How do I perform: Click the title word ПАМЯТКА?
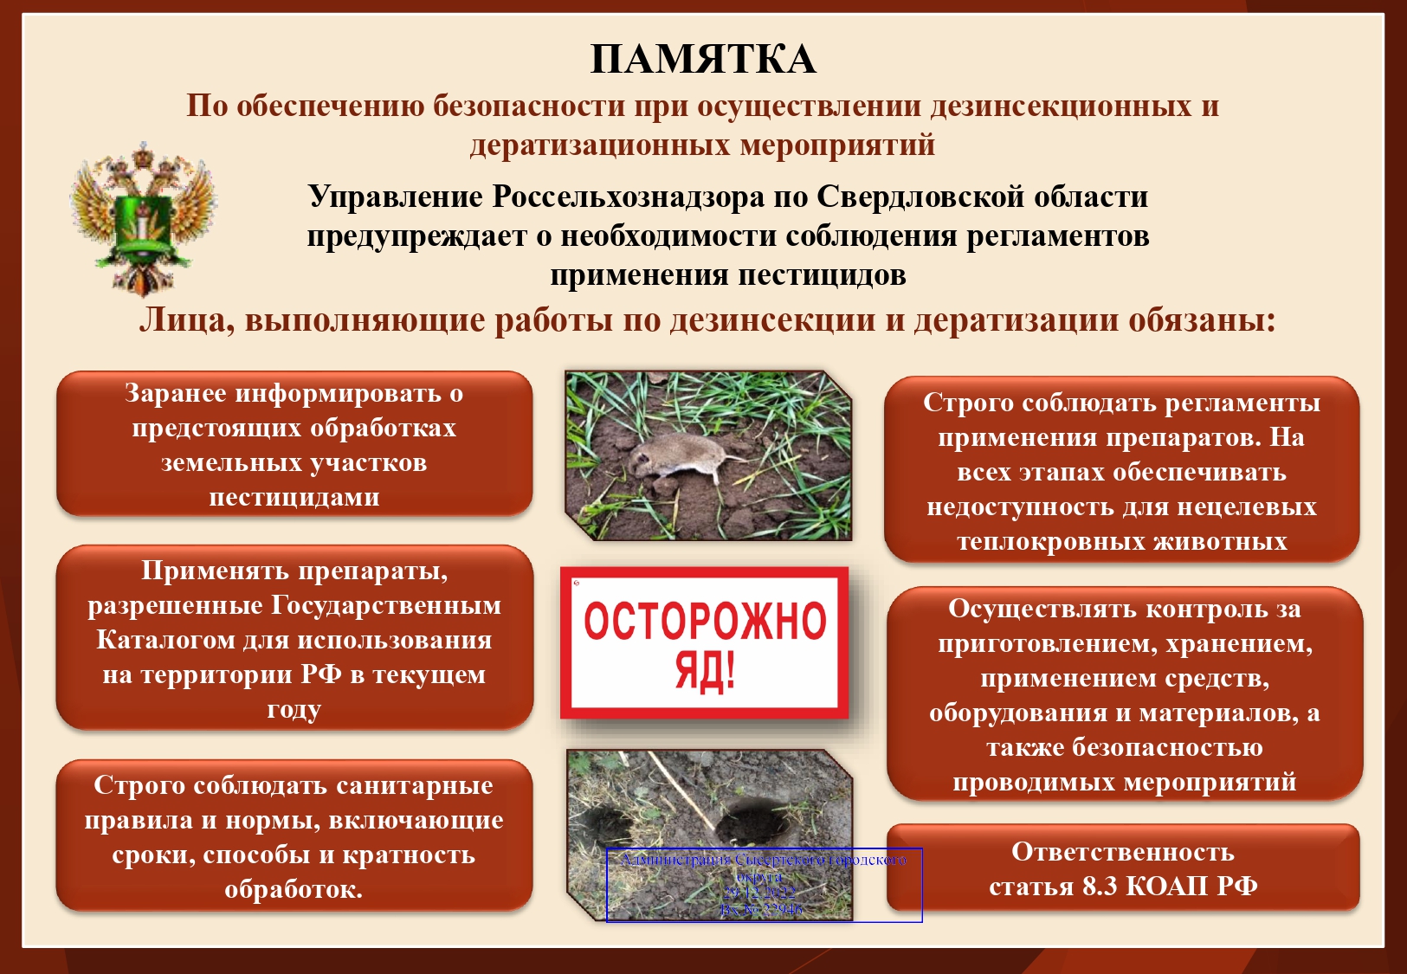[702, 60]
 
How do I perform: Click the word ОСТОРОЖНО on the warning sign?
[705, 621]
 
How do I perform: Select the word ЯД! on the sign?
[705, 671]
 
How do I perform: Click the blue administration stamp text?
[763, 884]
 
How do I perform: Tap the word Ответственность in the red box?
[1122, 852]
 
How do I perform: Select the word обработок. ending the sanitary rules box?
[294, 890]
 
